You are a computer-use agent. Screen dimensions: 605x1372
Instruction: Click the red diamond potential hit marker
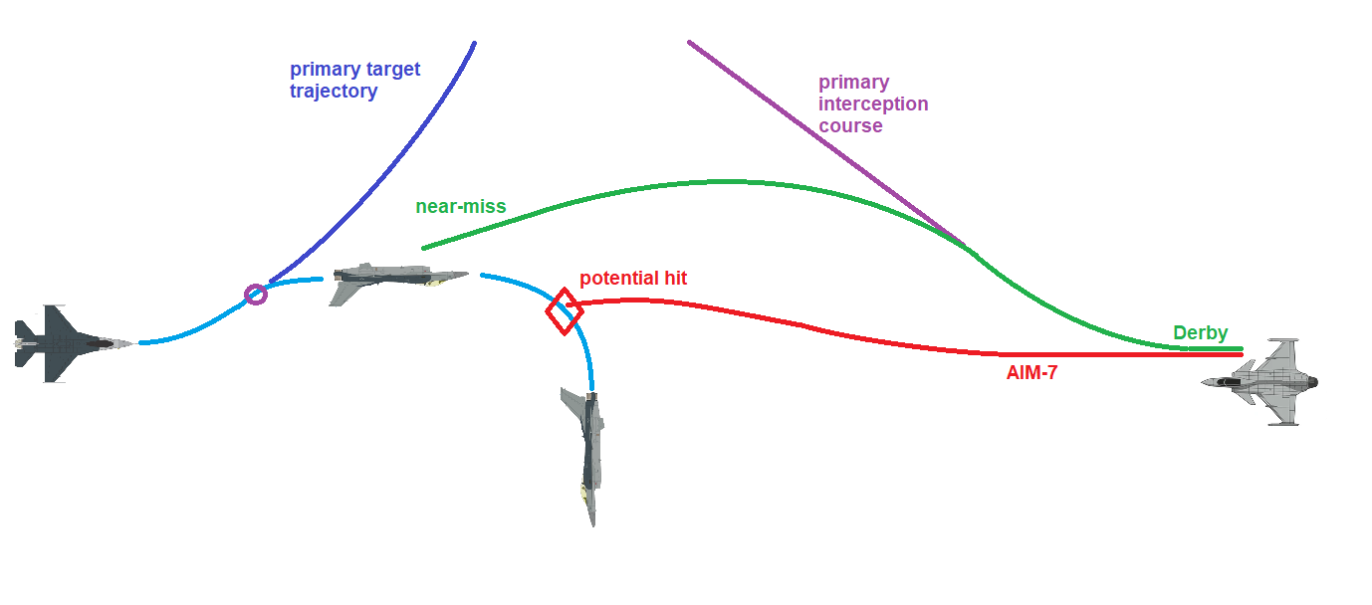[x=564, y=311]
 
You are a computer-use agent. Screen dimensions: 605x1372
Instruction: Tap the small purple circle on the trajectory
[x=256, y=294]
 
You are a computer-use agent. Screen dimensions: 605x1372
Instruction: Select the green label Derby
[x=1200, y=333]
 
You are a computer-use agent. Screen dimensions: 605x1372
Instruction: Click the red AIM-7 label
[x=1031, y=373]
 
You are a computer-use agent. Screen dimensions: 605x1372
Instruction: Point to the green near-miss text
[x=461, y=207]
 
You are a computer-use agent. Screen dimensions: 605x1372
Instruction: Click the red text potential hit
[x=633, y=279]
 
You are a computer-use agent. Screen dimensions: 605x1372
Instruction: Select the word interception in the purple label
[x=873, y=103]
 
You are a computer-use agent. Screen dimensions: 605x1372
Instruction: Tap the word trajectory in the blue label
[x=334, y=92]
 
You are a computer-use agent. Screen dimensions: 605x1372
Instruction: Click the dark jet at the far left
[x=70, y=343]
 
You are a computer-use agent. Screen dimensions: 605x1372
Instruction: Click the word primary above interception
[x=853, y=82]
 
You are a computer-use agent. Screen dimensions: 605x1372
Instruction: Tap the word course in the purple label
[x=850, y=126]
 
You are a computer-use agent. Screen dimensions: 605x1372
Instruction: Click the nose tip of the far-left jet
[x=133, y=344]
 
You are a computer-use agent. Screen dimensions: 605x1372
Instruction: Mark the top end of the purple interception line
[x=689, y=42]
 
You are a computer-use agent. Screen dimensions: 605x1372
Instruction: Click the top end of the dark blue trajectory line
[x=474, y=43]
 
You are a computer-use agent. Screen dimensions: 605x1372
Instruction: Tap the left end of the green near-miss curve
[x=424, y=248]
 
